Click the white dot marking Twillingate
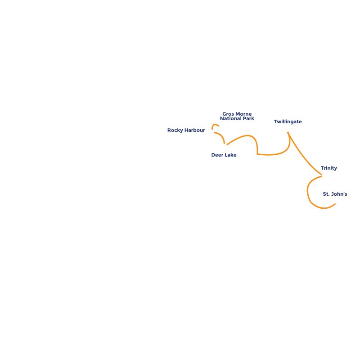tap(287, 130)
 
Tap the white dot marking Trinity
tap(324, 176)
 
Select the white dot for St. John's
tap(337, 202)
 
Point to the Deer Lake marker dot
tap(225, 146)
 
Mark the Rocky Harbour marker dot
tap(211, 132)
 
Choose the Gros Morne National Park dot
tap(221, 127)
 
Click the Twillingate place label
tap(288, 121)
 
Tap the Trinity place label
tap(329, 168)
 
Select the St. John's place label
tap(335, 194)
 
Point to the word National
tap(231, 119)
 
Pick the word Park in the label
tap(248, 119)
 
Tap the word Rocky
tap(175, 130)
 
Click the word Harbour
tap(194, 130)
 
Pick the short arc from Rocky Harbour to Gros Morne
tap(215, 125)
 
